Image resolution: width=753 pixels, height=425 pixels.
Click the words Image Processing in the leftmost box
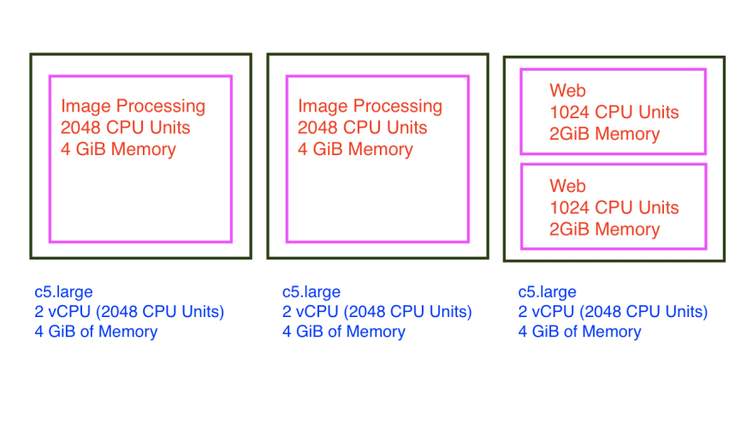(133, 106)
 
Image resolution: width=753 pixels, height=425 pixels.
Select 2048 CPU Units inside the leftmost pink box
(125, 128)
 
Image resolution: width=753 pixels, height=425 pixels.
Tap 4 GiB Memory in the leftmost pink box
(118, 149)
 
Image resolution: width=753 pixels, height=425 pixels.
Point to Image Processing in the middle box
(370, 106)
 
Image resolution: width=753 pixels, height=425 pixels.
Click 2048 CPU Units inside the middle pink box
(362, 128)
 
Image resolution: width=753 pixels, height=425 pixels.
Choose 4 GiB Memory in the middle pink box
(355, 149)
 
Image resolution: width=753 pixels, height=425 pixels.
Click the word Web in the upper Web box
(567, 91)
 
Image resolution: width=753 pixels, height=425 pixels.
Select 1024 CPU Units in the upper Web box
(614, 112)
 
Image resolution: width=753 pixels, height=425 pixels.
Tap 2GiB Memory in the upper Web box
(604, 134)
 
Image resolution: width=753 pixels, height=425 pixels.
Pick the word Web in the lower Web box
(567, 186)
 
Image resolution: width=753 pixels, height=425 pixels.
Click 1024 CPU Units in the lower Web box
(614, 207)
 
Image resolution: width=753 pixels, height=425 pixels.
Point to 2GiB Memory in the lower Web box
(604, 229)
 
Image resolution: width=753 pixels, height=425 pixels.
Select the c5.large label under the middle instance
(311, 292)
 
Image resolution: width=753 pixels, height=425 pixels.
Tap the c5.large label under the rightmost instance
(548, 292)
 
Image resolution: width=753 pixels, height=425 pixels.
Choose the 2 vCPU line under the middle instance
(376, 311)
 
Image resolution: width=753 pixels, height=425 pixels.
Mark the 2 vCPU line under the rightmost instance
(613, 311)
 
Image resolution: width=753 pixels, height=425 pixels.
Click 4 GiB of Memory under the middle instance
(343, 331)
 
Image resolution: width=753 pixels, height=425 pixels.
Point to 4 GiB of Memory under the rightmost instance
(579, 331)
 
